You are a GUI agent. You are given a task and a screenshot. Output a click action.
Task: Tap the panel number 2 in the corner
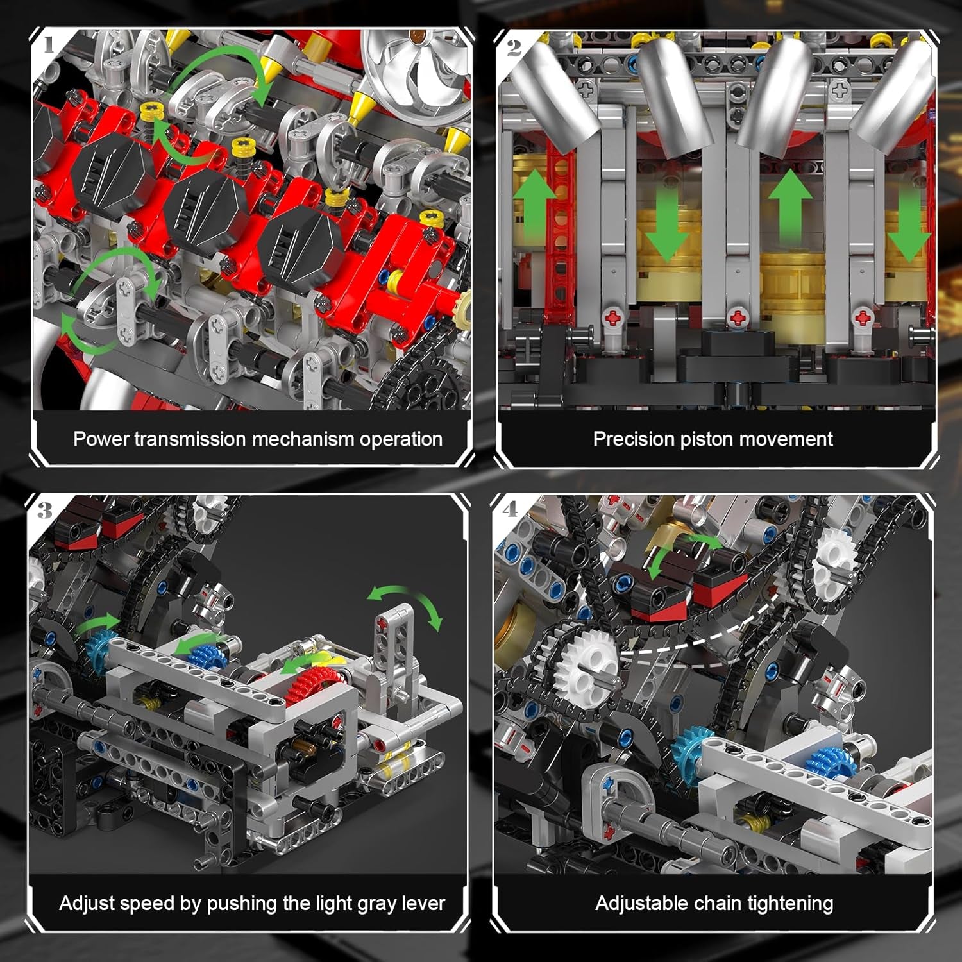pyautogui.click(x=514, y=47)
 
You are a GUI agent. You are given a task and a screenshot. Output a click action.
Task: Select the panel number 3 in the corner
pyautogui.click(x=45, y=511)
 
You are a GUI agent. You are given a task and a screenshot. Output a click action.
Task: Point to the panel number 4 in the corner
pyautogui.click(x=511, y=510)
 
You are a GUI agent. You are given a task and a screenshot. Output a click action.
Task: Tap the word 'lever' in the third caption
pyautogui.click(x=423, y=904)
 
